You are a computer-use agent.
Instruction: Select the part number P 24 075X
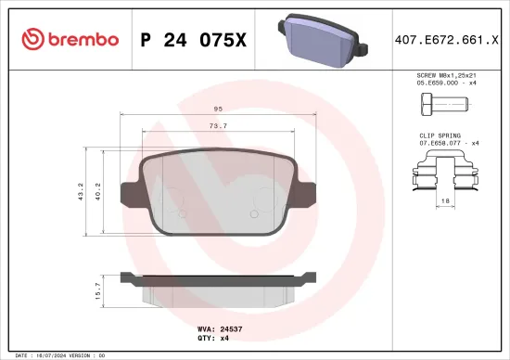coord(192,39)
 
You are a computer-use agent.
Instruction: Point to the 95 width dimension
coord(217,108)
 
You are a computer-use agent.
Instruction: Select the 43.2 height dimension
coord(81,191)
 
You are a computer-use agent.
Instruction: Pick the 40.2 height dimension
coord(97,191)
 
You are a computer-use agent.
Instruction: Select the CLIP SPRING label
coord(440,135)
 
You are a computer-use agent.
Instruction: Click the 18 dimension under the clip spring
coord(446,200)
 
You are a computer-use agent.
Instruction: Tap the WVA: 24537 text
coord(220,328)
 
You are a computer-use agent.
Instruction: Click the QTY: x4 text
coord(212,338)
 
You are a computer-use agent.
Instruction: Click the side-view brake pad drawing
coord(217,286)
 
